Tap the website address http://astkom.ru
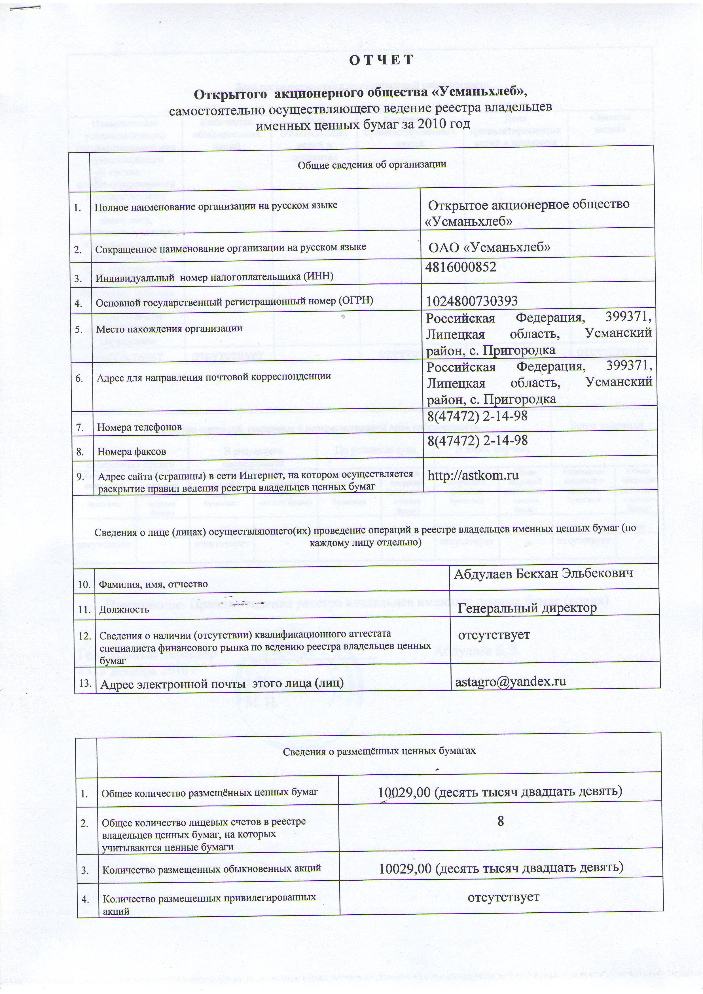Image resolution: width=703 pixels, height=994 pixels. [473, 475]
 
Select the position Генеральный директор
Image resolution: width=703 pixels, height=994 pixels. [527, 608]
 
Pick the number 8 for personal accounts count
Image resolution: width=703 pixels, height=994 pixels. [501, 821]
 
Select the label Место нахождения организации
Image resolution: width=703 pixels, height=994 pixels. [169, 328]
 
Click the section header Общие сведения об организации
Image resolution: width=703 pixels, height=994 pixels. [372, 164]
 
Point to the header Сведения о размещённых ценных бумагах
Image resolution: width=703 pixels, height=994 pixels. [379, 751]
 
